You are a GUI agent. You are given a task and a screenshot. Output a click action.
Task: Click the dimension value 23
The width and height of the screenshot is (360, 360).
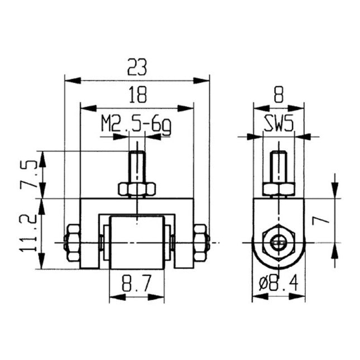pos(137,68)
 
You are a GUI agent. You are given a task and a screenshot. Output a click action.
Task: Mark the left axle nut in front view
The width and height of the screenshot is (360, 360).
pos(72,243)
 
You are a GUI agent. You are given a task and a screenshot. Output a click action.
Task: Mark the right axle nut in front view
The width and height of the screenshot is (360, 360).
pos(200,243)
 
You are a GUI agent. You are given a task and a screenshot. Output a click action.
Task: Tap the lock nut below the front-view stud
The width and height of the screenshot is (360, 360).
pos(137,189)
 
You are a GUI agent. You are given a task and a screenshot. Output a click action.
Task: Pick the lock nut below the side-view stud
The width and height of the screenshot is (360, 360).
pos(279,189)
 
